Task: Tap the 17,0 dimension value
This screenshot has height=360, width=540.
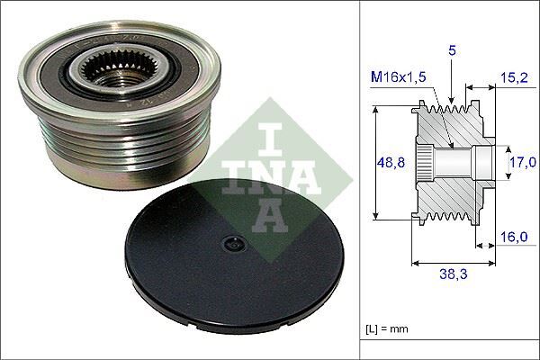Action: [x=517, y=163]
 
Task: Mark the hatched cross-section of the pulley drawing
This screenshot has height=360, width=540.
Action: [x=450, y=193]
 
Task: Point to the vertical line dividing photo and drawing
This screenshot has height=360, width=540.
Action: [x=360, y=180]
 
